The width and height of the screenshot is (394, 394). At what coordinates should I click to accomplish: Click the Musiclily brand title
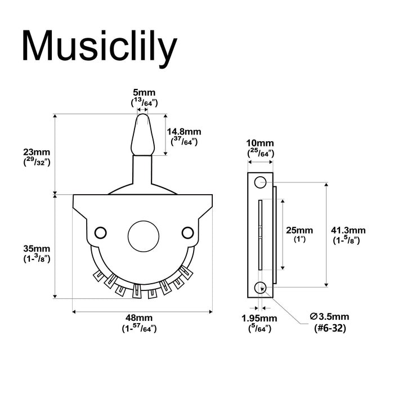point(100,47)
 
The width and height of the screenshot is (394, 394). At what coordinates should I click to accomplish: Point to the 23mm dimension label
point(37,152)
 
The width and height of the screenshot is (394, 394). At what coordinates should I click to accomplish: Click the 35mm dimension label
point(37,249)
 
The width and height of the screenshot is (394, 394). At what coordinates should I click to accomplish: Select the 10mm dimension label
point(261,144)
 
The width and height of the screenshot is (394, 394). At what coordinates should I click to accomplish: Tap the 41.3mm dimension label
point(348,230)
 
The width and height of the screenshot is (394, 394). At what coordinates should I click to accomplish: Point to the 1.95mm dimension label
point(261,319)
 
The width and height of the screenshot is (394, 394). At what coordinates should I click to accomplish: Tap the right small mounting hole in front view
point(187,231)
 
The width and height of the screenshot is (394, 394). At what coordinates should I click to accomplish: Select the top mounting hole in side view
point(259,182)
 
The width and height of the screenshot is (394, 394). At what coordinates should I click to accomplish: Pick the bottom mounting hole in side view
point(259,287)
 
